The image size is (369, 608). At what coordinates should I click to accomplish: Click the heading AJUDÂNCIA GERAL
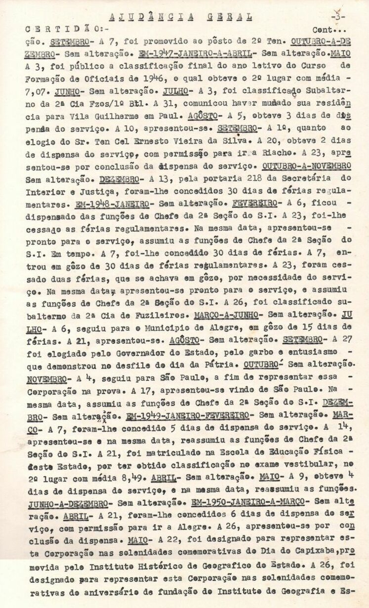pyautogui.click(x=179, y=16)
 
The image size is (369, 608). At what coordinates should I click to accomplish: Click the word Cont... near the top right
pyautogui.click(x=329, y=30)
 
